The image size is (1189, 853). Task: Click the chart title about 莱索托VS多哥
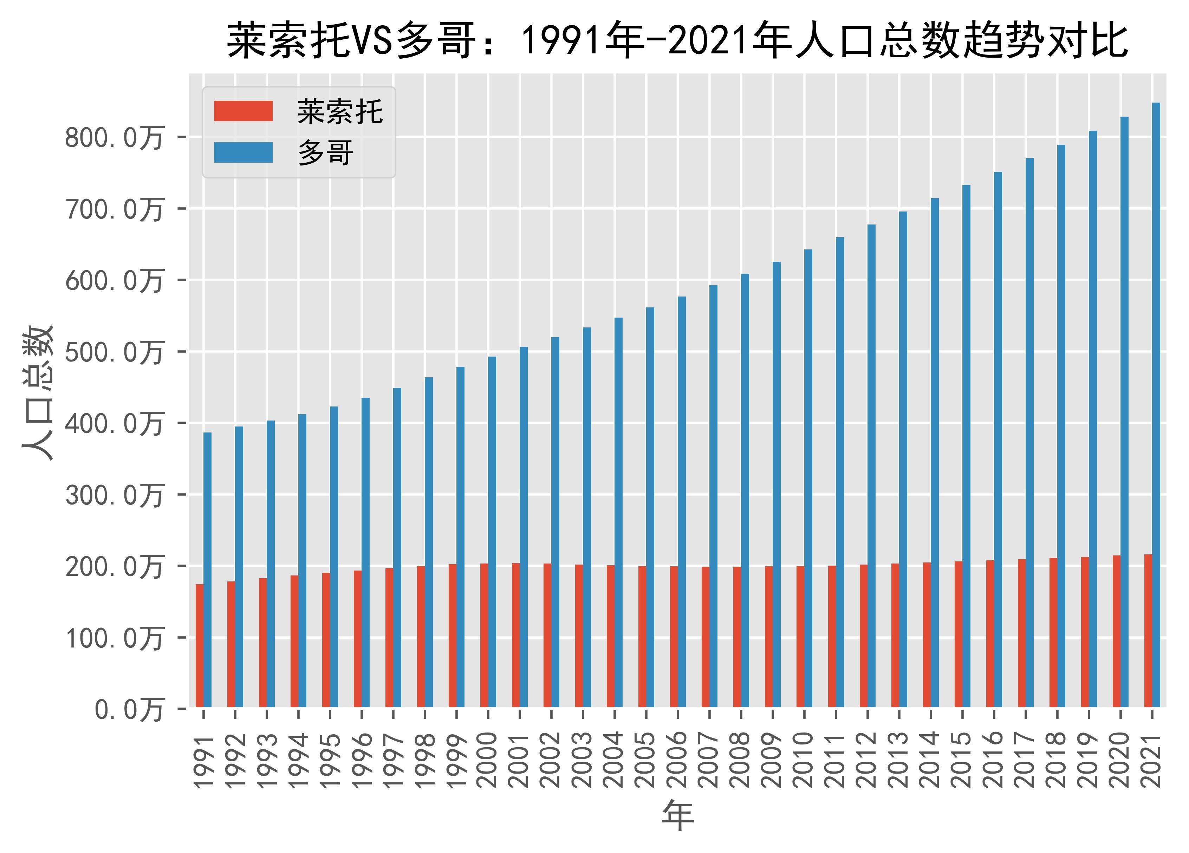tap(677, 41)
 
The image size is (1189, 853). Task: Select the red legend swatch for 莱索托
tap(243, 111)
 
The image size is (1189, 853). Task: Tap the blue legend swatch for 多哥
tap(243, 152)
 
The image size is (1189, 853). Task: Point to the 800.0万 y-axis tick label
tap(114, 138)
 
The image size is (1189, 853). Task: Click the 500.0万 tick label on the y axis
tap(114, 353)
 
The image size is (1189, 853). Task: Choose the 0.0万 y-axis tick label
tap(129, 710)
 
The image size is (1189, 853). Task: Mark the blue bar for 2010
tap(808, 478)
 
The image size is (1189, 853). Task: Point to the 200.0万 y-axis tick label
tap(114, 567)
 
